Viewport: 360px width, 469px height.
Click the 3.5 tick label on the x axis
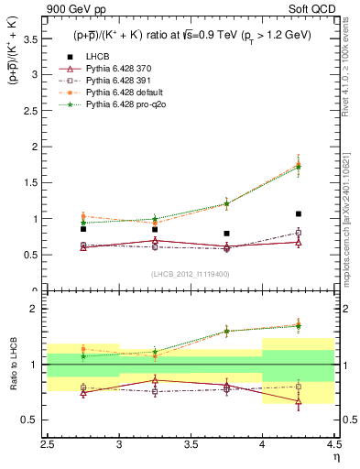(x=191, y=446)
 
